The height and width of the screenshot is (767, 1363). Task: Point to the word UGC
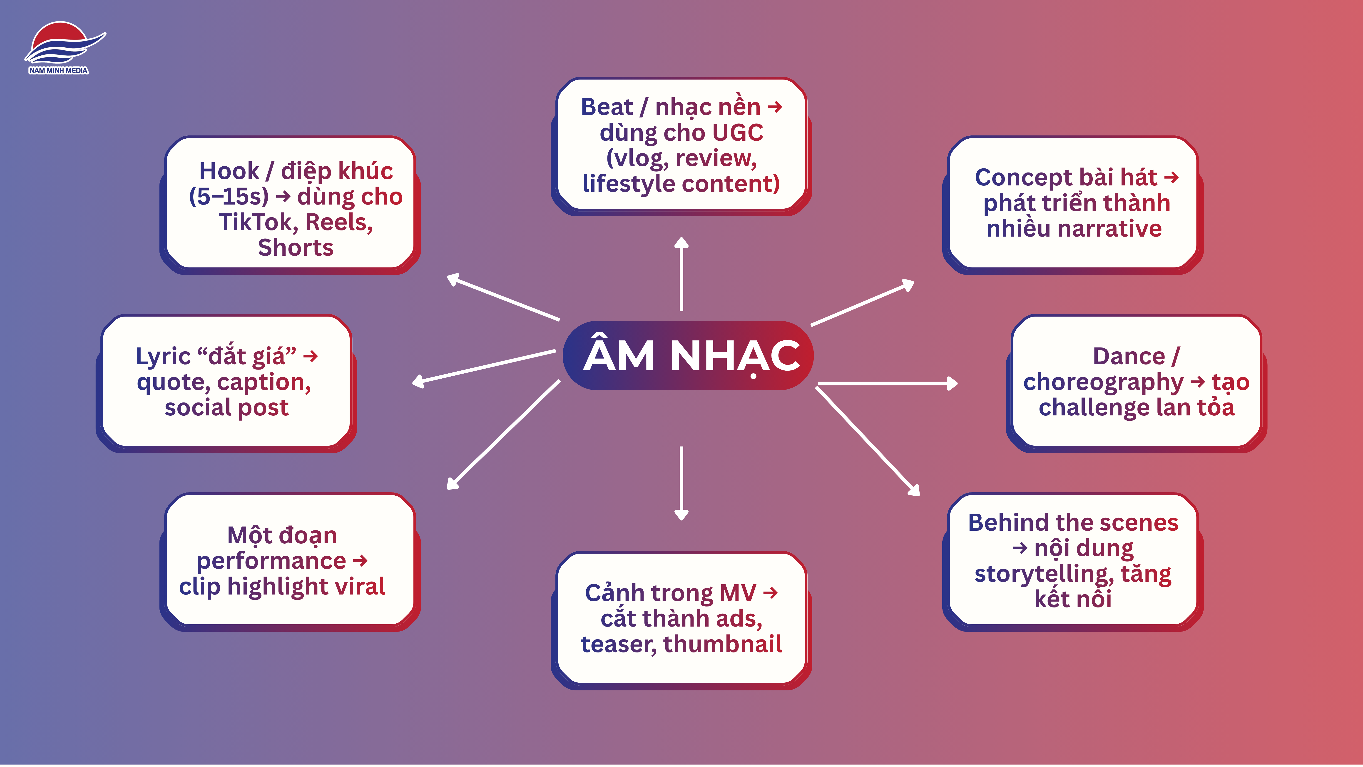pyautogui.click(x=738, y=132)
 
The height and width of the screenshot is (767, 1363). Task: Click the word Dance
pyautogui.click(x=1129, y=356)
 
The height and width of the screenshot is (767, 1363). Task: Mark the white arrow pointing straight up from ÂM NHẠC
pyautogui.click(x=681, y=274)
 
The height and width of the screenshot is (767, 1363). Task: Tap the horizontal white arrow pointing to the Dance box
pyautogui.click(x=888, y=383)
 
